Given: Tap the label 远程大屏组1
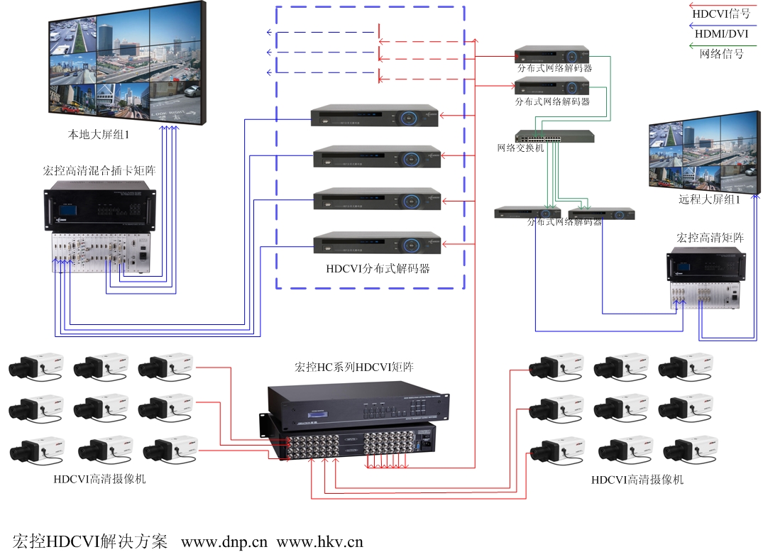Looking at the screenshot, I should (709, 200).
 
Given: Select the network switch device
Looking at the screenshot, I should (554, 136).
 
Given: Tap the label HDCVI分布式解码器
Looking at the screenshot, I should (378, 269).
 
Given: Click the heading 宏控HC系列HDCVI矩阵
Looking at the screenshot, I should (354, 368).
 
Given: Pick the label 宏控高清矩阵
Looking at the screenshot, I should (710, 238).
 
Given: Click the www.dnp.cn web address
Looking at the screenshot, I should (224, 542).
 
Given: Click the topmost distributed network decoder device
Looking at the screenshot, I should (552, 54).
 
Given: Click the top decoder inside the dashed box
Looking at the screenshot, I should (374, 116).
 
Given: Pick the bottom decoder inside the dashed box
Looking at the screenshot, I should (376, 243).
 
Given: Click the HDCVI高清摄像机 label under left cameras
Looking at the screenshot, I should (99, 479).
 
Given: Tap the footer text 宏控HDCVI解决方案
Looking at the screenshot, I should (89, 542).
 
